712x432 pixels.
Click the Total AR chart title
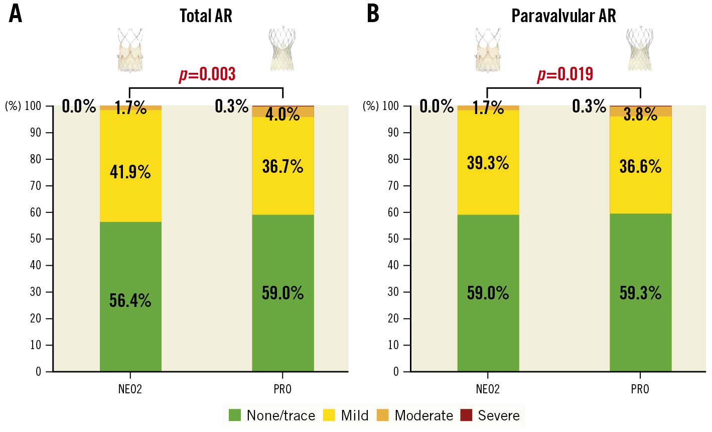click(x=206, y=16)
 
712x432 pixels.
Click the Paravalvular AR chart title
click(x=563, y=16)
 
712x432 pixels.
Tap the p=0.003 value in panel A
click(x=207, y=74)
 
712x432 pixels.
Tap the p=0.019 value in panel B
click(x=565, y=74)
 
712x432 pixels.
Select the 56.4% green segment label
click(x=130, y=300)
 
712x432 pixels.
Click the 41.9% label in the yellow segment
click(x=130, y=172)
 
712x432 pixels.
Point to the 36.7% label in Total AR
click(x=282, y=166)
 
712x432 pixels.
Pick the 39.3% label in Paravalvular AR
click(x=488, y=163)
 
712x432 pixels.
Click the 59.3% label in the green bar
click(x=640, y=293)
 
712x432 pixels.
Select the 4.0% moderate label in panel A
click(x=282, y=115)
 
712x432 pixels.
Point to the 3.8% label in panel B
click(x=640, y=115)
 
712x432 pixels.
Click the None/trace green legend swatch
click(x=235, y=415)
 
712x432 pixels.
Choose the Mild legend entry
click(x=354, y=415)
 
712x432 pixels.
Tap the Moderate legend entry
click(x=423, y=415)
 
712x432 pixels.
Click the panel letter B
click(x=373, y=14)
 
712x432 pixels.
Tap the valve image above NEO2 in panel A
click(x=130, y=50)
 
